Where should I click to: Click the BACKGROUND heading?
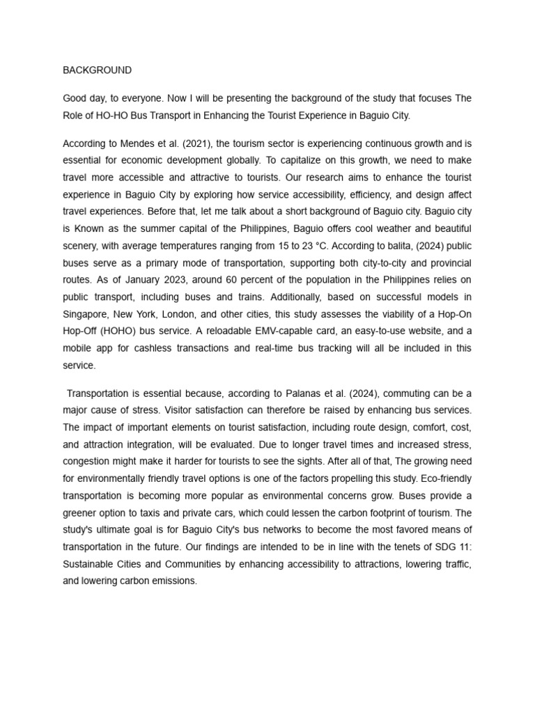click(97, 70)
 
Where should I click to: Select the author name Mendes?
click(137, 144)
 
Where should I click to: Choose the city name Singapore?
click(86, 314)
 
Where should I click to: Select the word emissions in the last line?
click(175, 581)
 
